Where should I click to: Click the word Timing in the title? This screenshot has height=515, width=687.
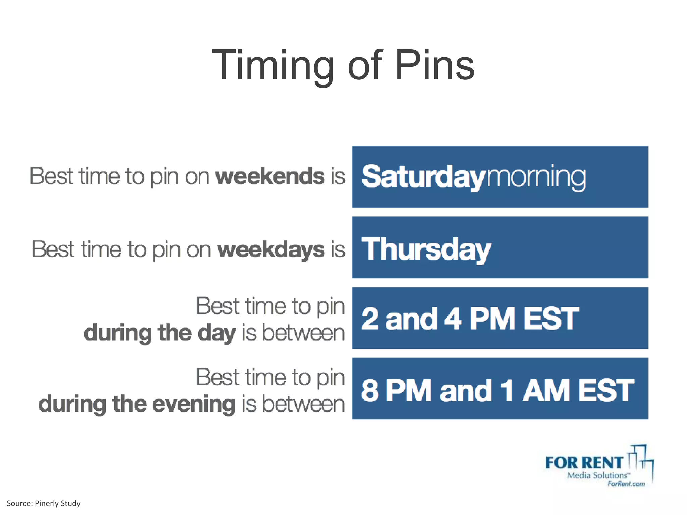click(273, 65)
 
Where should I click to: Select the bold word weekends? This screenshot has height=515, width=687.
click(270, 176)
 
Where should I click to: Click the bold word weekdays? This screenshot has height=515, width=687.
click(271, 250)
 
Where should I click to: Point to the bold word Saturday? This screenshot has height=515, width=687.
click(423, 177)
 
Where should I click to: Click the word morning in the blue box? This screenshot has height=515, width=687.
click(536, 177)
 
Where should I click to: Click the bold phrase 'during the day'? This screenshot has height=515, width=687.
click(160, 333)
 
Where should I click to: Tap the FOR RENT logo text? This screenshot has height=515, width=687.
click(584, 463)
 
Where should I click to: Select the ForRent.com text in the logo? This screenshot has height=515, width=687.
click(626, 484)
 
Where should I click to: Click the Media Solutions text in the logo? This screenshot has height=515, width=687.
click(597, 475)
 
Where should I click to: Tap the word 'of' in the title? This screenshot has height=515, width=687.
click(365, 65)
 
